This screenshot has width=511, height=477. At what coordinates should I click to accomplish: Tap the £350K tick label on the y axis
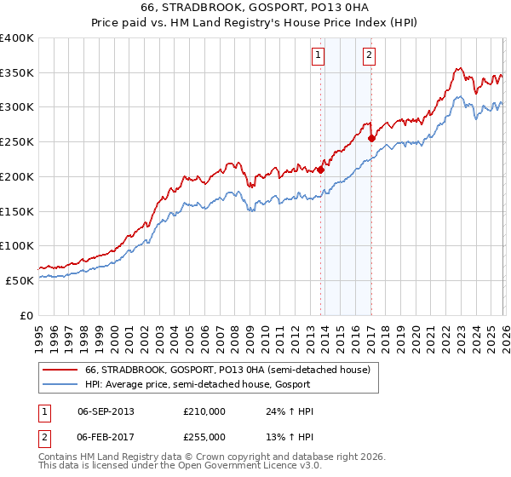17,73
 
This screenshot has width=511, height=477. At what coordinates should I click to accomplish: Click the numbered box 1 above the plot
318,56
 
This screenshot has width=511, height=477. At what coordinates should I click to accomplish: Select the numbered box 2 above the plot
369,56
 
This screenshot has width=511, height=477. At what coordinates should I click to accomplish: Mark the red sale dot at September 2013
321,170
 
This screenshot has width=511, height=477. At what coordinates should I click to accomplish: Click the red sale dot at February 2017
372,138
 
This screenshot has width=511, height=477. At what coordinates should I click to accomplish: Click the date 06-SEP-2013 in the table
106,411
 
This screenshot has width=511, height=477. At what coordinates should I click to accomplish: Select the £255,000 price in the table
204,436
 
